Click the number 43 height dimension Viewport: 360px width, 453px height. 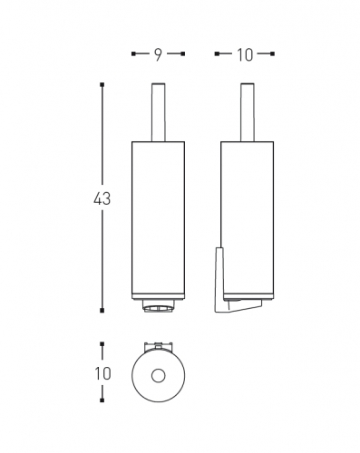[x=102, y=198]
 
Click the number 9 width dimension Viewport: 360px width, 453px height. [x=158, y=54]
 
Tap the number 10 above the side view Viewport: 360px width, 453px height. [x=245, y=55]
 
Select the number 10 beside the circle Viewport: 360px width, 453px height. [x=102, y=373]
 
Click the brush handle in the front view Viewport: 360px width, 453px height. [x=158, y=112]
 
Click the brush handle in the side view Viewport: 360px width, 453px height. [x=248, y=112]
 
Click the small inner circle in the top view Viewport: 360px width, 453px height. [x=159, y=376]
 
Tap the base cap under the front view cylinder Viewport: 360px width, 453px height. [x=159, y=305]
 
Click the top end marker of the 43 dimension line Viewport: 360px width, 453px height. [x=102, y=85]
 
